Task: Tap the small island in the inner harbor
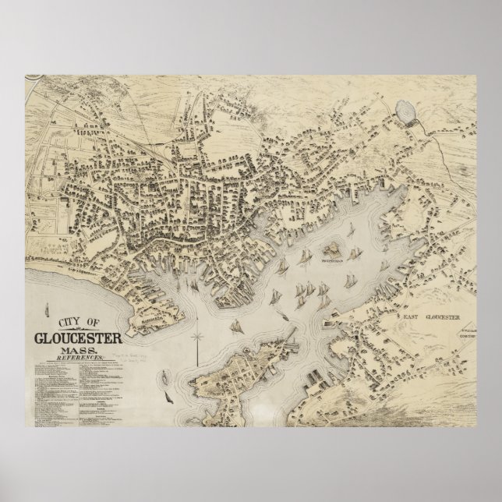pos(334,249)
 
